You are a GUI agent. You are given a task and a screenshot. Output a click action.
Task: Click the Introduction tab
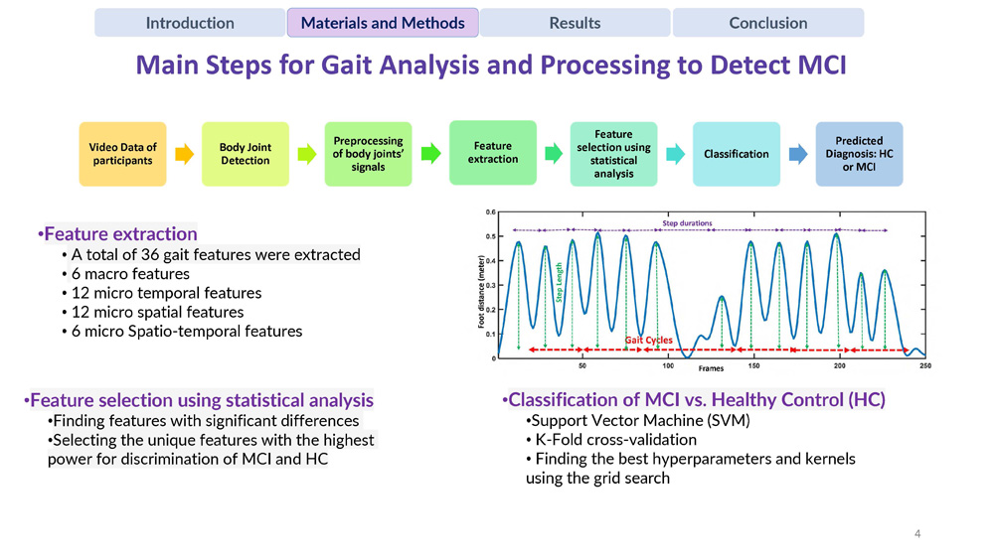click(x=190, y=23)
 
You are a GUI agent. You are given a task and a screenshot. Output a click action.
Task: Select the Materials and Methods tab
click(x=383, y=23)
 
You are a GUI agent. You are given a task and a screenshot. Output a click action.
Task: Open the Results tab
click(x=575, y=23)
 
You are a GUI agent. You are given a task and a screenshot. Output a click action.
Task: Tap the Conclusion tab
click(x=767, y=23)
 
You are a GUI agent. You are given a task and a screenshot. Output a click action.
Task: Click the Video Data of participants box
click(x=123, y=154)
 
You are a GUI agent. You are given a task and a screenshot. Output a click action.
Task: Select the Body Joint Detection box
click(x=245, y=154)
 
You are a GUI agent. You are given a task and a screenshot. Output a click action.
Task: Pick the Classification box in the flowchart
click(x=736, y=154)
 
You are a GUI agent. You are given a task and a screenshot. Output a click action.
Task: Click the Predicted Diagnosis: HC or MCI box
click(x=859, y=154)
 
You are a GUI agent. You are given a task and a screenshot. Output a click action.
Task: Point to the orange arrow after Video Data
click(x=184, y=154)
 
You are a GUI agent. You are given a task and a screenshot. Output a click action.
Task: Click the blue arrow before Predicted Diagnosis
click(x=797, y=154)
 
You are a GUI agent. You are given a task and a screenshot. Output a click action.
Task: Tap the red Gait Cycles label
click(x=648, y=341)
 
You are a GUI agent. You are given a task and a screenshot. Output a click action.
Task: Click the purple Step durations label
click(x=687, y=223)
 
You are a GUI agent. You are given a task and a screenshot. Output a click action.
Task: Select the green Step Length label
click(x=560, y=282)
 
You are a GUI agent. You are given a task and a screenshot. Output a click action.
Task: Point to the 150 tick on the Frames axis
click(x=753, y=366)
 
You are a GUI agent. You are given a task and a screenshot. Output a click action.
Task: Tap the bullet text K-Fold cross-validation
click(x=615, y=440)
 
